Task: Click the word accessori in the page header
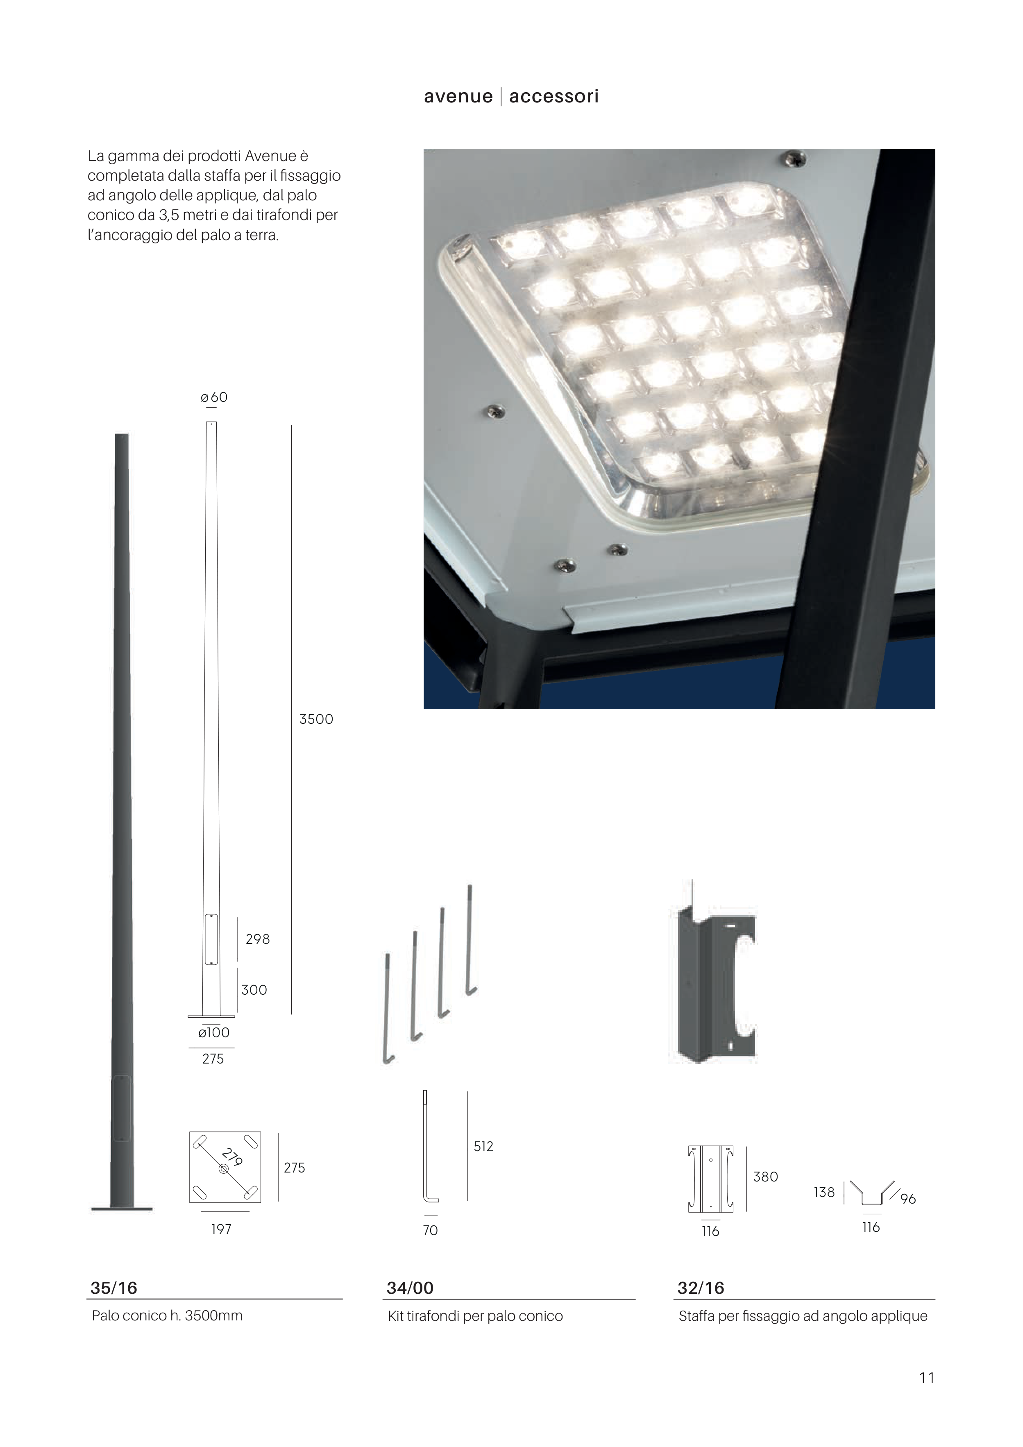point(553,96)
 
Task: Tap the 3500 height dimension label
point(316,719)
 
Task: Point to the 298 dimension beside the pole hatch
point(257,939)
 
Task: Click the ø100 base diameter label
point(214,1032)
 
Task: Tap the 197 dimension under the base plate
point(221,1229)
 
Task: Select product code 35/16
point(113,1288)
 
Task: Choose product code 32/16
point(701,1288)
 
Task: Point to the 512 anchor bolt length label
point(483,1146)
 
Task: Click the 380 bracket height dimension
point(765,1177)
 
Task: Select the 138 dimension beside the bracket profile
point(824,1193)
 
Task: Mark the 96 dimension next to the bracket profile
point(907,1199)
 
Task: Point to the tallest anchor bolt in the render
point(470,940)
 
